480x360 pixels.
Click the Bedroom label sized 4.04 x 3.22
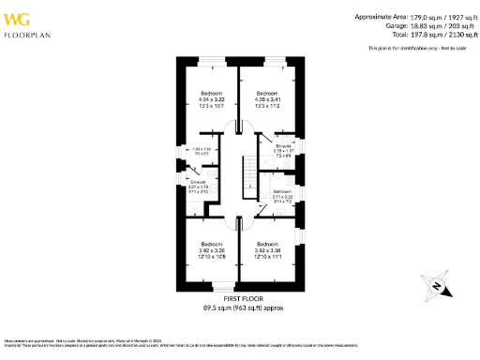(x=211, y=98)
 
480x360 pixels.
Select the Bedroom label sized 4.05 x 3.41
(x=267, y=98)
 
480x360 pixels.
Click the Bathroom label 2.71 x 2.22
(x=283, y=195)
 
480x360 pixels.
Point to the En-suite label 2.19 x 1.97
(x=282, y=148)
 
